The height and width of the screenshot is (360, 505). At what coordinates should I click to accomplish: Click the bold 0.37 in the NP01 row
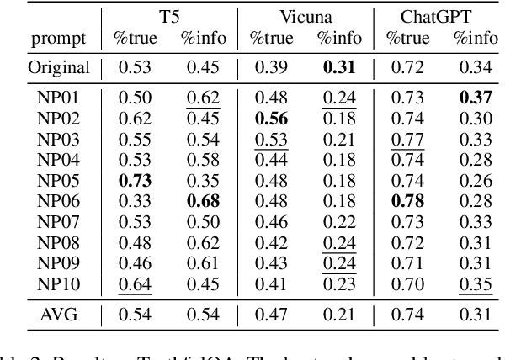point(476,98)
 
